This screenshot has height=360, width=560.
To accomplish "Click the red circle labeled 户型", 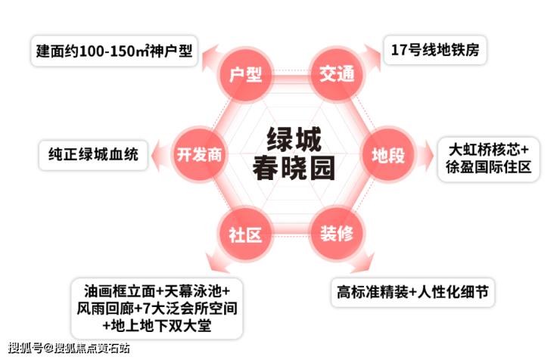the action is [245, 74].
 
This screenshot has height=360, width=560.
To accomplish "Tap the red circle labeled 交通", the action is [337, 74].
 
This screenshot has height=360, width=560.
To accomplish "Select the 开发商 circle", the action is [199, 154].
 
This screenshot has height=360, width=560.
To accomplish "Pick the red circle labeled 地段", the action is [388, 155].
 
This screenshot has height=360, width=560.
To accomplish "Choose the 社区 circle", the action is [245, 234].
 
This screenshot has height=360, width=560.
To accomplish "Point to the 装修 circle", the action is [337, 234].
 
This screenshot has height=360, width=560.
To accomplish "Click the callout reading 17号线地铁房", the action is [435, 50].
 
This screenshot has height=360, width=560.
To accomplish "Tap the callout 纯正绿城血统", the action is [93, 155].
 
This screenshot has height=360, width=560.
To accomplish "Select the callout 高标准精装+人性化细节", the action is [413, 292].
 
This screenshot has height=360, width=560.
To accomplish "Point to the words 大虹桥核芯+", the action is [489, 150].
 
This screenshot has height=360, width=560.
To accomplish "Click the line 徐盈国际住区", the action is [489, 166].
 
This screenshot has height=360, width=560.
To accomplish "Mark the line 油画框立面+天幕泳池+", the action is [157, 291].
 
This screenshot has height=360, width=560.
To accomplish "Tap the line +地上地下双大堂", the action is [157, 325].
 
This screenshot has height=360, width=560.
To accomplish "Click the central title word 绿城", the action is [294, 139].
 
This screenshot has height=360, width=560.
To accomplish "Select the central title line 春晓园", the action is [294, 167].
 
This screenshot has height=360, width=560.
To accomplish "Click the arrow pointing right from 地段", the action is [425, 156].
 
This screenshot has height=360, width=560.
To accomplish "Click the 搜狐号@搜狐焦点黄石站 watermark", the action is [69, 348].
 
